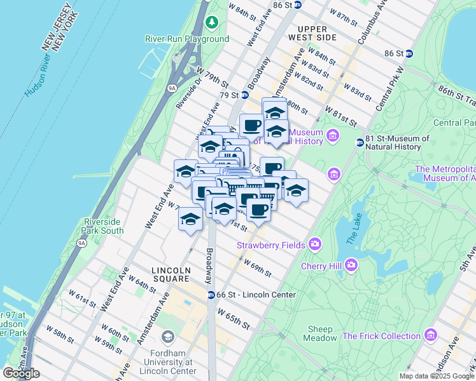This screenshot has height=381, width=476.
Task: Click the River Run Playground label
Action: [186, 39]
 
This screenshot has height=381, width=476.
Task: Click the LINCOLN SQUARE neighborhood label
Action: [171, 274]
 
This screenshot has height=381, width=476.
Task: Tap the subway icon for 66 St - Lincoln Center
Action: [211, 295]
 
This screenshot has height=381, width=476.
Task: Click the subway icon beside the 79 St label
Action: [244, 95]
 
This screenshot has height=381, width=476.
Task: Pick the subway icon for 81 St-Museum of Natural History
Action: [360, 142]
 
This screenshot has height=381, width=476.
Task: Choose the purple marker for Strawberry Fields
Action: [315, 244]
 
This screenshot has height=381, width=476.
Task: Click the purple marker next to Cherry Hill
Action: [351, 265]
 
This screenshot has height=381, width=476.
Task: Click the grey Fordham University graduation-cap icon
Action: [168, 336]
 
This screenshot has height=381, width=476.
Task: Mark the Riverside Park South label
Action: [103, 226]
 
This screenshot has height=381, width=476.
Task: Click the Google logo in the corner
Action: [21, 373]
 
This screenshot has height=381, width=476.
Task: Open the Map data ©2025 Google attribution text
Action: [436, 376]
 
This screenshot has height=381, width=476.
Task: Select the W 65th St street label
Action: [232, 317]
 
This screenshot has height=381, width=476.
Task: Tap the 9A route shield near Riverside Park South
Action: [81, 243]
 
